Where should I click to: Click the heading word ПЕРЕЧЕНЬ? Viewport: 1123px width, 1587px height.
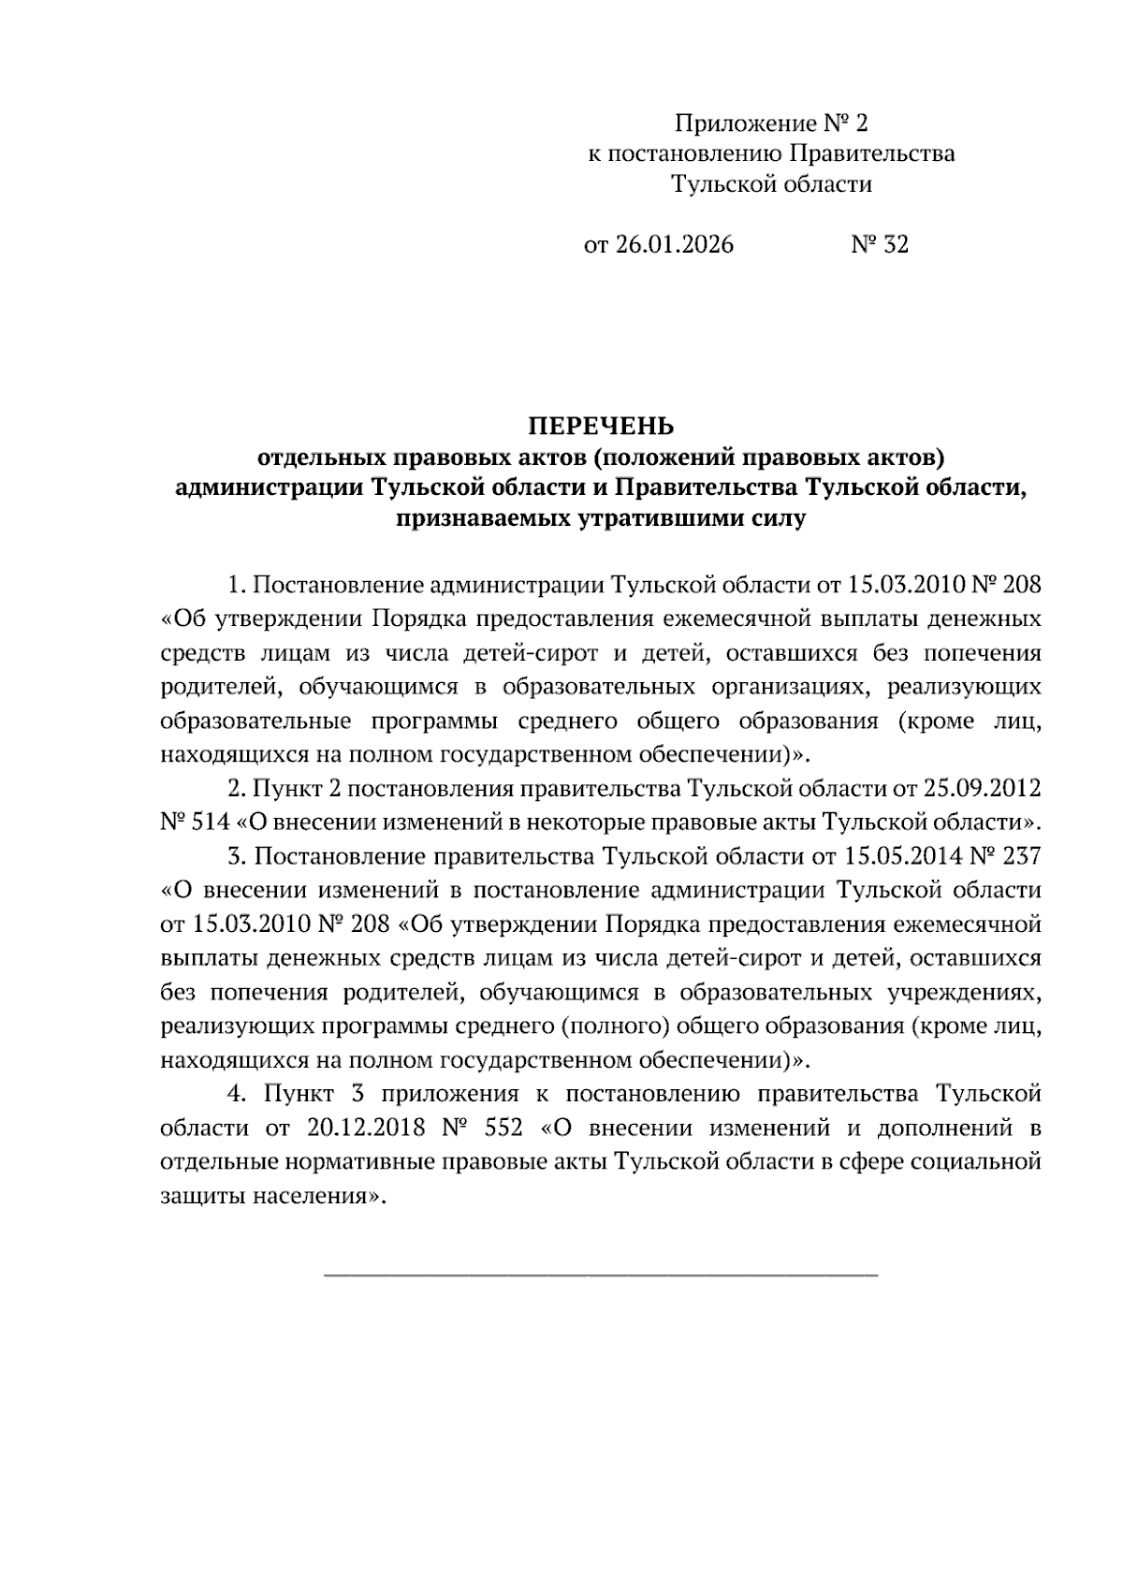[602, 427]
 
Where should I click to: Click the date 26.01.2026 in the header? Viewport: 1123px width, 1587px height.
[674, 245]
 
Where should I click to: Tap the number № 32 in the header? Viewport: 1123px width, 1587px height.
[879, 245]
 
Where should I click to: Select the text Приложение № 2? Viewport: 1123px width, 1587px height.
[772, 124]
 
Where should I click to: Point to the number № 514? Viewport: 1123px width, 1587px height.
[195, 823]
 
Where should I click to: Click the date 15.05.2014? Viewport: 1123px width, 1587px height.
[898, 856]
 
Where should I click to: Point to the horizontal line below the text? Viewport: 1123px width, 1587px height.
[601, 1274]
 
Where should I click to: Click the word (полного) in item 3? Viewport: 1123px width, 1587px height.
[614, 1026]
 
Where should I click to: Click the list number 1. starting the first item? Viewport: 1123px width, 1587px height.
[236, 586]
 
